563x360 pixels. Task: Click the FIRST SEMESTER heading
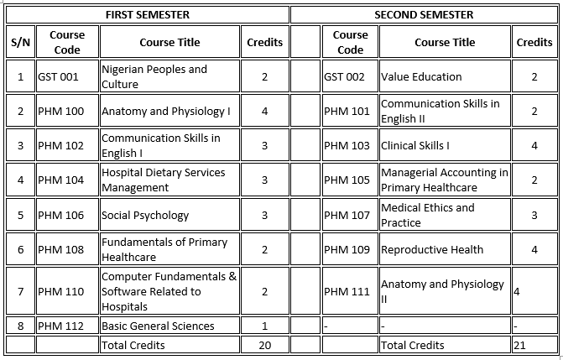tap(147, 14)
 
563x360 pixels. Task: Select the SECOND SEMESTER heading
tap(424, 14)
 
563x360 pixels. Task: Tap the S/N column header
tap(20, 42)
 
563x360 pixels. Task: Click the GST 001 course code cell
tap(58, 76)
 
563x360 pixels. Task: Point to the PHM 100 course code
tap(61, 111)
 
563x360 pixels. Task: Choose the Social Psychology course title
tap(145, 215)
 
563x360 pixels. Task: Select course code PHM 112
tap(61, 326)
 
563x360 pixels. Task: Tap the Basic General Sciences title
tap(158, 326)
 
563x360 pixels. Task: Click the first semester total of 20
tap(264, 344)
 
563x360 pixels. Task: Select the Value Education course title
tap(421, 76)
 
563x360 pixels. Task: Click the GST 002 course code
tap(344, 76)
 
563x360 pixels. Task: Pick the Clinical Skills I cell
tap(414, 145)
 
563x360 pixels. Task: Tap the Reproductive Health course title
tap(432, 249)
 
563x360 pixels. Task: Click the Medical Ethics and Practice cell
tap(428, 215)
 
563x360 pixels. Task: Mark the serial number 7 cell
tap(20, 291)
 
